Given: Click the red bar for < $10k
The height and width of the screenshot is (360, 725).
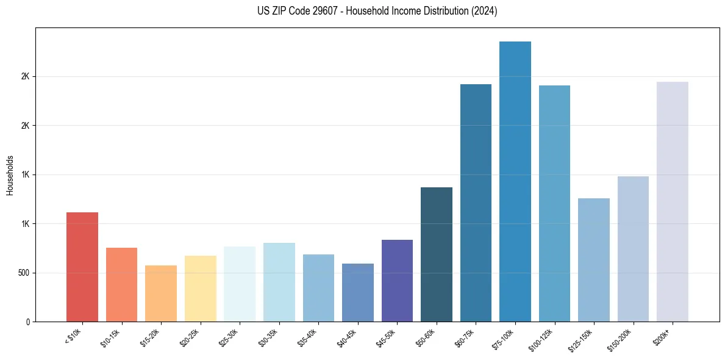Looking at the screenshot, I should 82,267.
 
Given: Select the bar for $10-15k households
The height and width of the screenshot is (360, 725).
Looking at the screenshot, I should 121,284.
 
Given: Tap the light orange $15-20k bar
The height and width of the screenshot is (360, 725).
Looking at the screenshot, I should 161,293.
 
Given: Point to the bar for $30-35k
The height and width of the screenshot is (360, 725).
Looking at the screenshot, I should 279,282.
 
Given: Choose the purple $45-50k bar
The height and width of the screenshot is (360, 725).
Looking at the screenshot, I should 397,281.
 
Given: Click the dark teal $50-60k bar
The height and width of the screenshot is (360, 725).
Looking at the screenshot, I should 437,254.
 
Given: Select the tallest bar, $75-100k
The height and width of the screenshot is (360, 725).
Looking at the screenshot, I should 515,181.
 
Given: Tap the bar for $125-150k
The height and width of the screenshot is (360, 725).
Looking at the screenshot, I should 594,260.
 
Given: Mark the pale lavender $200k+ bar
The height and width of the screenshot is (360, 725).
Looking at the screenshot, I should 673,201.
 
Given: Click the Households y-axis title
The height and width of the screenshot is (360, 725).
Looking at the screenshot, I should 10,175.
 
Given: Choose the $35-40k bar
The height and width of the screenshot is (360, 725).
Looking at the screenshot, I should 318,288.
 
